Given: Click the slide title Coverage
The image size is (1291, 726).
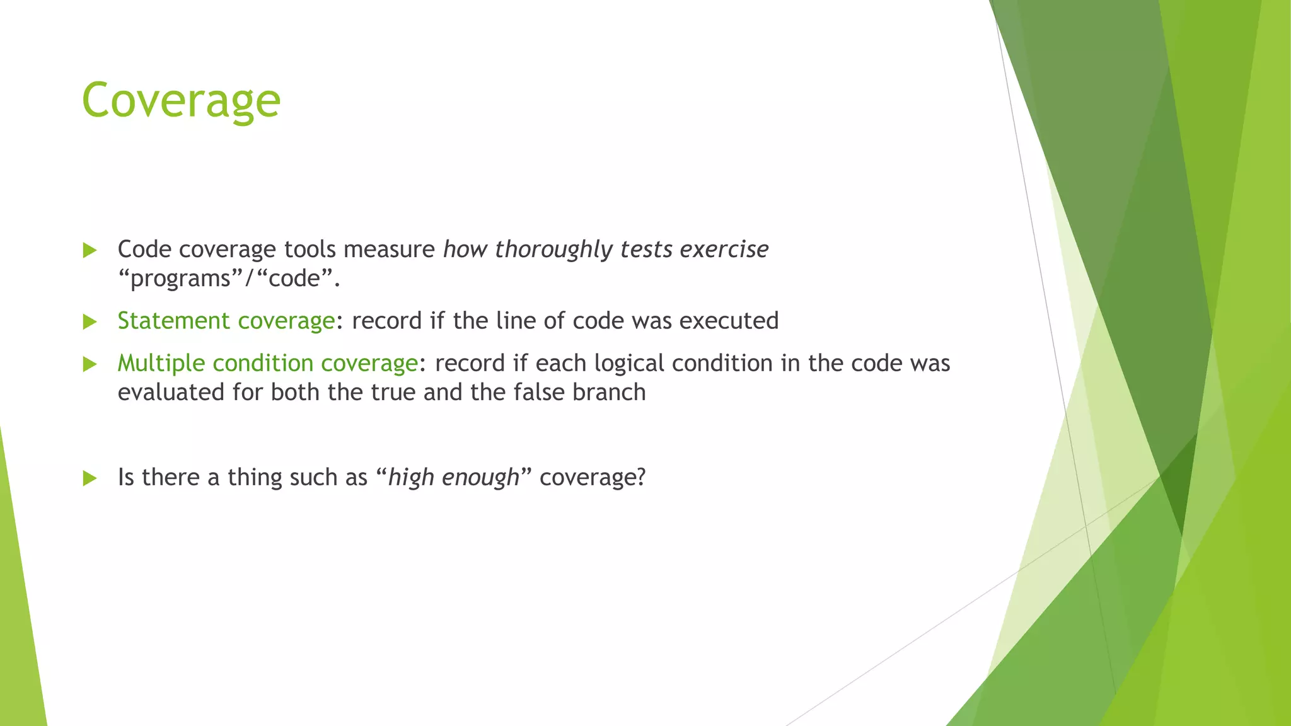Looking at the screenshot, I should tap(181, 101).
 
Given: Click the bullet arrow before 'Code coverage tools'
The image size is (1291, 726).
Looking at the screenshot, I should tap(90, 250).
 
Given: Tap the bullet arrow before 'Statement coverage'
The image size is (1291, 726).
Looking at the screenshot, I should tap(90, 322).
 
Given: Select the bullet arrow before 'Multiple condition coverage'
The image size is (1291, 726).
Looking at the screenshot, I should tap(90, 364).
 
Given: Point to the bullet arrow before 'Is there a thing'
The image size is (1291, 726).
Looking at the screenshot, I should tap(90, 478).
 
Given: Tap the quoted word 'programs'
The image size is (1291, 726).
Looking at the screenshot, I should tap(180, 279).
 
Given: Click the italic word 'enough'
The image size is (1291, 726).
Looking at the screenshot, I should tap(480, 478).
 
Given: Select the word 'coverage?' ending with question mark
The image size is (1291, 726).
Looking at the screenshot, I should tap(593, 478).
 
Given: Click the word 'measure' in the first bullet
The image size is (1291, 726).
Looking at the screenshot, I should tap(389, 250).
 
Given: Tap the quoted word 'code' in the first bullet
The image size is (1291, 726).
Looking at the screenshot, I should tap(294, 279).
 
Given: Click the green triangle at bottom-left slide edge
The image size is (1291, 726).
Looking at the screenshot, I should tap(19, 630).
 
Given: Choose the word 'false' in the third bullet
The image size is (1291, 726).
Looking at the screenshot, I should tap(539, 393).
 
